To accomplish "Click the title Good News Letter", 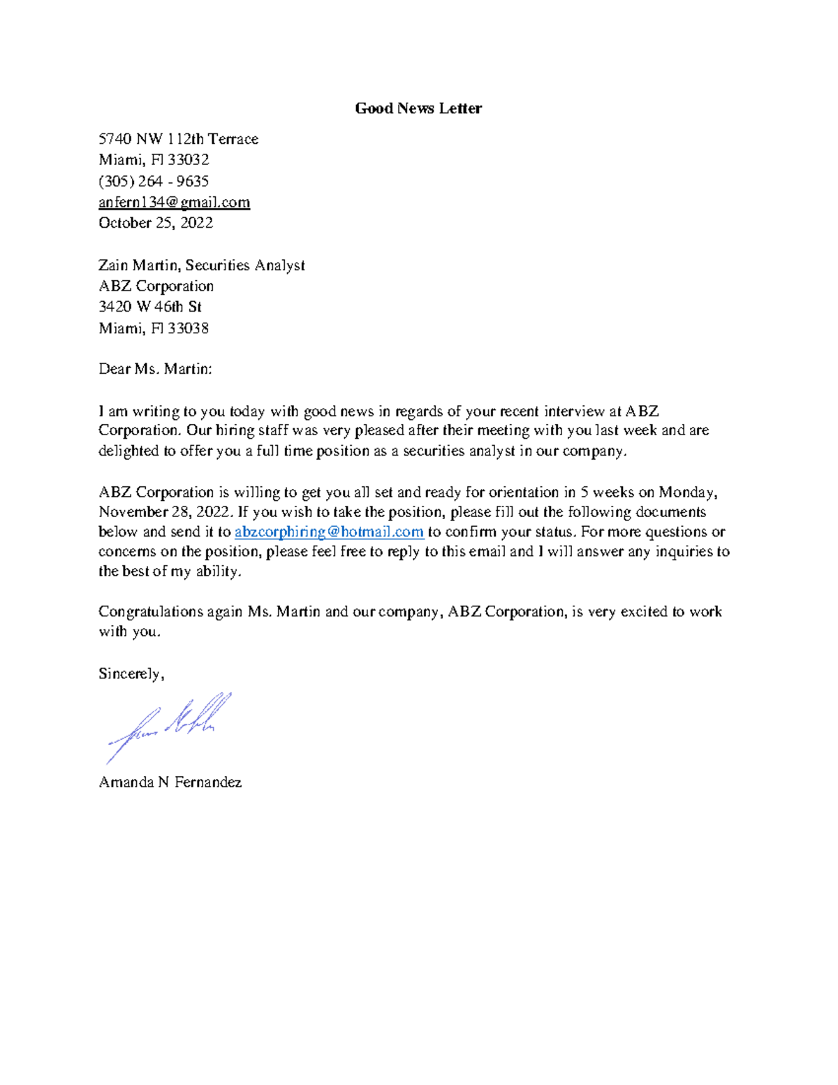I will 418,108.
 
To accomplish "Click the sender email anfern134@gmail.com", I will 174,203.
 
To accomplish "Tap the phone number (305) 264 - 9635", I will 154,182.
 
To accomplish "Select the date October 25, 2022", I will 155,223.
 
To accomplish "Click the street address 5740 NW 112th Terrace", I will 178,139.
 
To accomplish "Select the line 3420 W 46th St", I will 150,307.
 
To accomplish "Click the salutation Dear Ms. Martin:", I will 155,369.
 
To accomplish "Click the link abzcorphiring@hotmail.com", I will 329,532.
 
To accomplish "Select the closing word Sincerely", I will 130,674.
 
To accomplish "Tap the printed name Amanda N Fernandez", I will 170,782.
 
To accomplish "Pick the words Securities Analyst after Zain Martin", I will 245,265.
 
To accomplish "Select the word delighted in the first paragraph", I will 128,451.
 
